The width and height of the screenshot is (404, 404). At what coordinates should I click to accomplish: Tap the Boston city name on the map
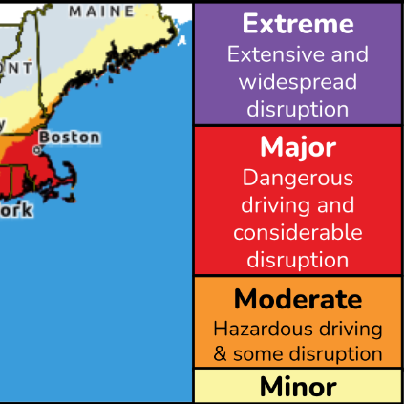[69, 137]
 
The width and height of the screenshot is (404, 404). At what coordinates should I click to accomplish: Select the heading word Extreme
[297, 24]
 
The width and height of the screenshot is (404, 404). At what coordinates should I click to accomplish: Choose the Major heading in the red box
[297, 148]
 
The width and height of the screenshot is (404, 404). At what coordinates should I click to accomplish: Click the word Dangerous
[297, 178]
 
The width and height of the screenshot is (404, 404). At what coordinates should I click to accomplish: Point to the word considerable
[297, 232]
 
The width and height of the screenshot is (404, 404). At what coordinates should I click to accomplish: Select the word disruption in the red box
[297, 260]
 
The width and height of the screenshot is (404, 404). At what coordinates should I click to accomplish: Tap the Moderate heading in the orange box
[297, 299]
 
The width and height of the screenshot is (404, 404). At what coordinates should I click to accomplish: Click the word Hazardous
[259, 329]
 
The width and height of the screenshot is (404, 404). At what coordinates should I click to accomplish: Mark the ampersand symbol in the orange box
[219, 354]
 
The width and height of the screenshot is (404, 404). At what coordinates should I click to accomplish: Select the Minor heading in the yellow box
[297, 387]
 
